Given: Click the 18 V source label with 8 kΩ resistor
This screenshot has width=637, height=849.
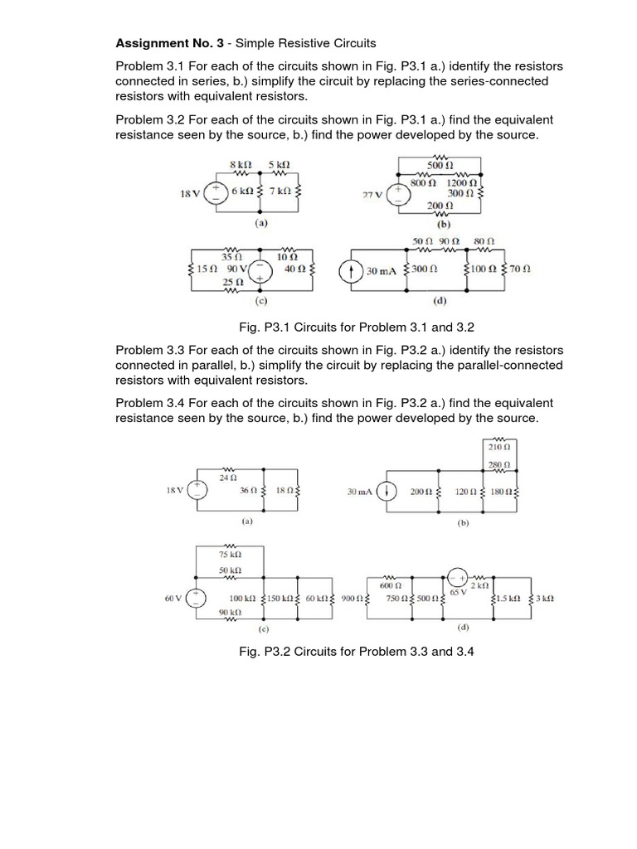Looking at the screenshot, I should pyautogui.click(x=189, y=193).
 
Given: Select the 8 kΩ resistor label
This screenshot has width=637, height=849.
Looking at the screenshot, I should pyautogui.click(x=239, y=164).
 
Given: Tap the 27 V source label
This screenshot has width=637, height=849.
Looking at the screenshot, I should pyautogui.click(x=372, y=196).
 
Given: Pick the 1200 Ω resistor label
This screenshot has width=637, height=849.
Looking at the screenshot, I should pyautogui.click(x=461, y=182).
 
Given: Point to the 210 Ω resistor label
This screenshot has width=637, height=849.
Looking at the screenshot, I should pyautogui.click(x=500, y=447).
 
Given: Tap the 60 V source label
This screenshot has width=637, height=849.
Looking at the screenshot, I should pyautogui.click(x=173, y=598).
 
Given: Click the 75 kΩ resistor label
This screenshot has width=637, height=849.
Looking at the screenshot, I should pyautogui.click(x=230, y=554).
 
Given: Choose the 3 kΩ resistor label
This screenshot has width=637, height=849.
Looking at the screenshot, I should pyautogui.click(x=544, y=598).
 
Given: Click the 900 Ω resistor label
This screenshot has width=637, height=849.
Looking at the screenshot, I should pyautogui.click(x=351, y=598).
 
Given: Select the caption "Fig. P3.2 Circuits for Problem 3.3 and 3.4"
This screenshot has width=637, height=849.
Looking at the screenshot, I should pyautogui.click(x=356, y=651).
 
